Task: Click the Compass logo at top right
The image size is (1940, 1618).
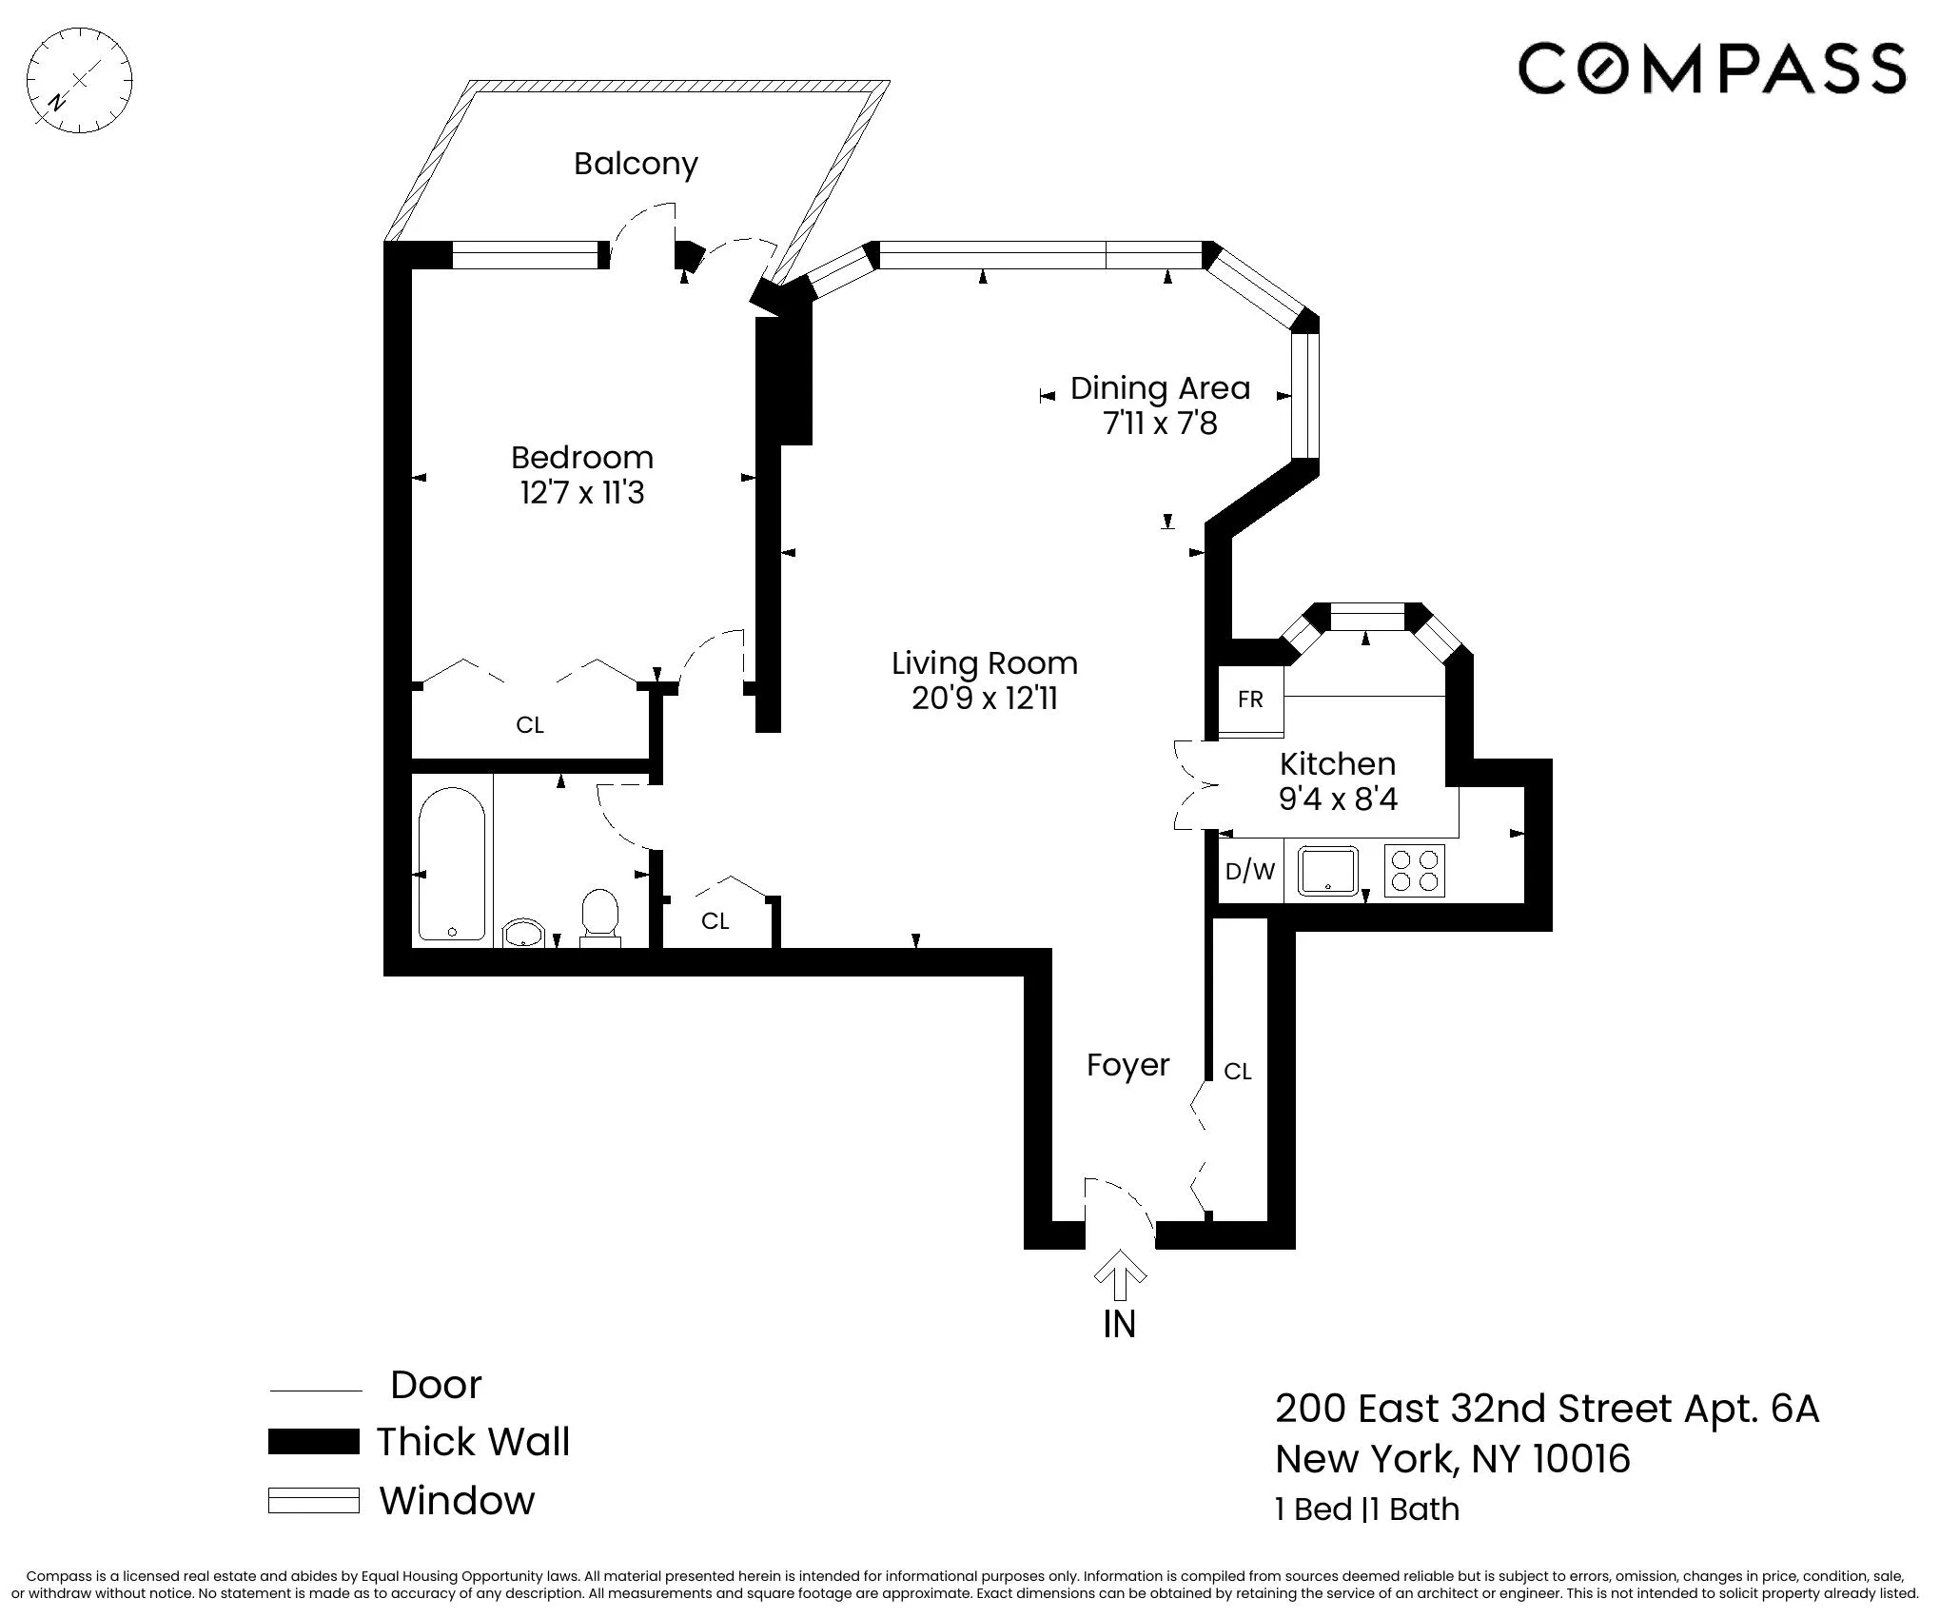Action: pos(1711,68)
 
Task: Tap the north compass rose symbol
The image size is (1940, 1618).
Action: pos(79,81)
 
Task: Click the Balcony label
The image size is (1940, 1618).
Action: pos(636,164)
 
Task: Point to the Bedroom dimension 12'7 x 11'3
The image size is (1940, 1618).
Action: pos(581,493)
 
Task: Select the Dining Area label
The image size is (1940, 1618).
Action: pos(1160,388)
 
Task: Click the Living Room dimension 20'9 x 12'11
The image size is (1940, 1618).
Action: pos(985,699)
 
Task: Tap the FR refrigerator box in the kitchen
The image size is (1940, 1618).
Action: pos(1250,700)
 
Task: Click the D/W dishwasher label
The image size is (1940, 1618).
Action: pos(1250,870)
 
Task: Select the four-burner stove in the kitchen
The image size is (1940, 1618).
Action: pos(1414,870)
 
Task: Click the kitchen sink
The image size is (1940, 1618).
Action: pos(1328,870)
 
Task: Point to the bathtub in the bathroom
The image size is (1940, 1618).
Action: pos(452,863)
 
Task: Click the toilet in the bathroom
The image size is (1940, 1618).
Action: pos(599,917)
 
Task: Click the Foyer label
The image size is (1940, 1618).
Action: pos(1127,1065)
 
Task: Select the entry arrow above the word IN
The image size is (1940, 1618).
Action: pos(1120,1275)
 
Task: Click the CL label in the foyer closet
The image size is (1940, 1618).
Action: pos(1237,1072)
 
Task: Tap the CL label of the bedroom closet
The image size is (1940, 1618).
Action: pos(530,725)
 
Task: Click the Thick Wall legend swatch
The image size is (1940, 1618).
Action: pos(313,1442)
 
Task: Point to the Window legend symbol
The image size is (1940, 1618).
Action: pos(313,1501)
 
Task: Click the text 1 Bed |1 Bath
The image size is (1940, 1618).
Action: pos(1366,1509)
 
